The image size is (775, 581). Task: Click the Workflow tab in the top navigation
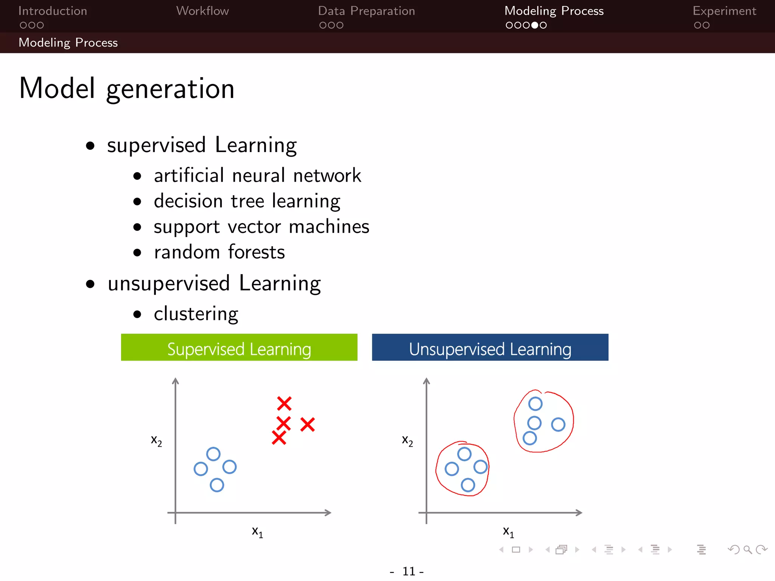point(202,11)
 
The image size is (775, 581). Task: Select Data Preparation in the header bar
point(366,11)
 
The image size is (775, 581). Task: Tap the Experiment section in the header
point(724,11)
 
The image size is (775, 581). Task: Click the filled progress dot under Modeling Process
point(535,25)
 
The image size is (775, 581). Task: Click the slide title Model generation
point(127,89)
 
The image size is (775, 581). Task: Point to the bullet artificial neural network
point(257,176)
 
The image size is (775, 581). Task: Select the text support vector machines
point(261,227)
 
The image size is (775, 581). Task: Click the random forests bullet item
point(219,252)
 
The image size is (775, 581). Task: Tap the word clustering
point(196,314)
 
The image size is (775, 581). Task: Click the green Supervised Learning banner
point(239,348)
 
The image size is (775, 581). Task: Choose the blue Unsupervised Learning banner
point(490,348)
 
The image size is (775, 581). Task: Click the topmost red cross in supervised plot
point(284,404)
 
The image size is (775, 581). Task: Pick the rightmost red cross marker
point(307,424)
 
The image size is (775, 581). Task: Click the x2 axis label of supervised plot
point(156,441)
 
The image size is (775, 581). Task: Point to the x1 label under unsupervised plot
point(508,532)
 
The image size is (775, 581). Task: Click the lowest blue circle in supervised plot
point(217,485)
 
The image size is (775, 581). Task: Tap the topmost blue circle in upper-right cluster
point(535,404)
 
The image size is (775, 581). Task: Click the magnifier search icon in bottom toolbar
point(747,550)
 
